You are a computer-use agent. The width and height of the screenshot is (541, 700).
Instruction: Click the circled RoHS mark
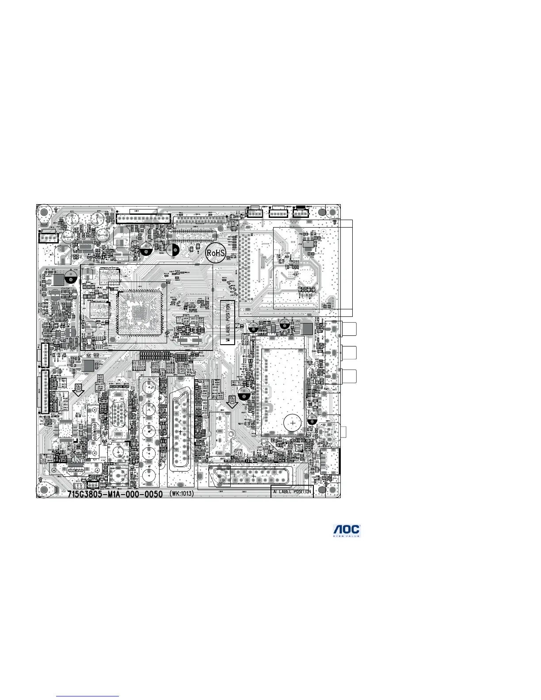[216, 253]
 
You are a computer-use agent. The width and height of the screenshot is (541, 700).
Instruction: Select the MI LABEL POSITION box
[228, 323]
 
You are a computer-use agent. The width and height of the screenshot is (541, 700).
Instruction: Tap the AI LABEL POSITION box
[292, 491]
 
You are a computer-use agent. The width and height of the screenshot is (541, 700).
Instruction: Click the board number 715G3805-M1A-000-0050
[115, 493]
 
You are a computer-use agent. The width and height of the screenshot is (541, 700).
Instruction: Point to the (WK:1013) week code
[182, 493]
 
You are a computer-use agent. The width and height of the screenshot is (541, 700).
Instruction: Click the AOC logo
[347, 531]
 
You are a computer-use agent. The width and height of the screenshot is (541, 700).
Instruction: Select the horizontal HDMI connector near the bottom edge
[76, 471]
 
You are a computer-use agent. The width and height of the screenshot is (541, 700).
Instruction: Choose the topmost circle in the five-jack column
[149, 388]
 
